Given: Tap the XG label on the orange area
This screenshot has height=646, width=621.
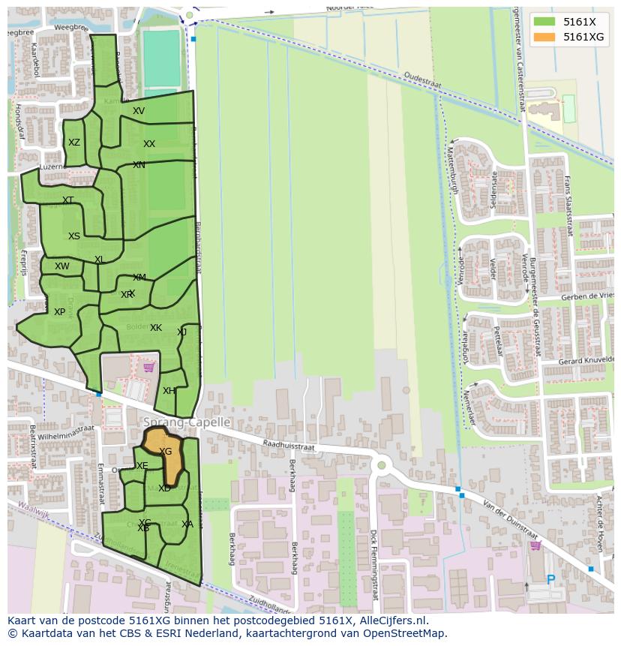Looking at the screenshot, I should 166,452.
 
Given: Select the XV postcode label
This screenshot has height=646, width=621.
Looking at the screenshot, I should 139,111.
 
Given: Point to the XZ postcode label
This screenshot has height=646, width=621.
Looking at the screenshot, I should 74,143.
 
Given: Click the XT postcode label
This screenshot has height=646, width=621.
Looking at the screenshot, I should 68,200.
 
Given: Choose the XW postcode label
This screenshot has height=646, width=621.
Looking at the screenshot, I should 62,266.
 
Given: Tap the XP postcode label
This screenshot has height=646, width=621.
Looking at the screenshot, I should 60,312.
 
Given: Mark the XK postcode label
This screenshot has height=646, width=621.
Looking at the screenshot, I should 156,328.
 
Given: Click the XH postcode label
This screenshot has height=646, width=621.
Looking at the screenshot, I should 169,391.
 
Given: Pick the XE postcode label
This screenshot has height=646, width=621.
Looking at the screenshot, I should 142,466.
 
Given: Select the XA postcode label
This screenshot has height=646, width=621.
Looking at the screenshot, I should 187,524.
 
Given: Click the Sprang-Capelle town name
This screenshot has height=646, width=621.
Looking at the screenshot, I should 187,422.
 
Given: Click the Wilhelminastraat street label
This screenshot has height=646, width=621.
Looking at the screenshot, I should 67,430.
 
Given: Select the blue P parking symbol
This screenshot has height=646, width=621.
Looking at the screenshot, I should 551,580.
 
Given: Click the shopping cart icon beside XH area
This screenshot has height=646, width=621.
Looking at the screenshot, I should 148,367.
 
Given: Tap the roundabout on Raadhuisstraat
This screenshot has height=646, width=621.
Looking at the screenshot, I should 381,466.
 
